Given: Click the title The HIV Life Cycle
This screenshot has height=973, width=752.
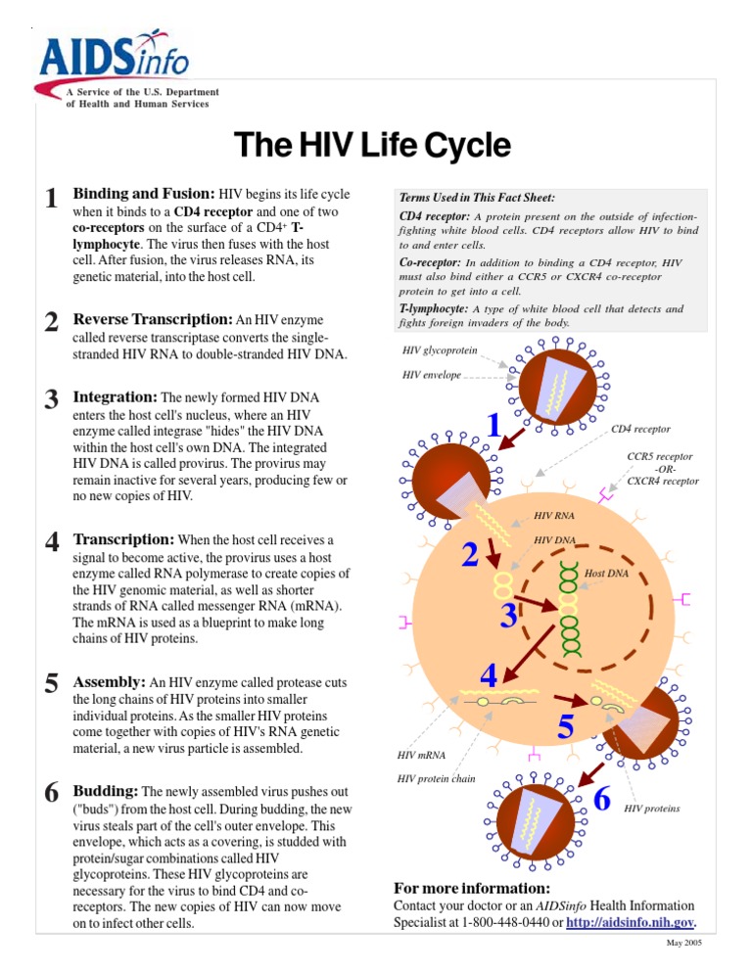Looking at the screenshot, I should coord(372,146).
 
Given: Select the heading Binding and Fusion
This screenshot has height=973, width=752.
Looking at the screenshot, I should coord(144,194).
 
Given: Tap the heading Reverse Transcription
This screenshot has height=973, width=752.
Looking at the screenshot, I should coord(153,319).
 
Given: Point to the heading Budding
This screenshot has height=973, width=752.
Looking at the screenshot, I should coord(107,790).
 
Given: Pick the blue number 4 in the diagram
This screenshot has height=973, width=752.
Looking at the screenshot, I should coord(489,674).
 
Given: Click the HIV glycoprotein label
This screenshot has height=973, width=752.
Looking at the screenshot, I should coord(440,349).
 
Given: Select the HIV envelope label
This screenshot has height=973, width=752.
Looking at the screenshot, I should coord(432,374).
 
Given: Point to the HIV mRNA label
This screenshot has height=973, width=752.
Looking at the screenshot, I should coord(421,755).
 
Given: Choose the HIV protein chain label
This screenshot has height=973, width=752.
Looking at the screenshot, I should coord(436,778).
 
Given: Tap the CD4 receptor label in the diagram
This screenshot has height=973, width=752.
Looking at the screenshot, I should coord(640,429).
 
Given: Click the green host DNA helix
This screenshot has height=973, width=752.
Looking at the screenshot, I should coord(567,607).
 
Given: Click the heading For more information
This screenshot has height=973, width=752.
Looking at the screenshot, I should coord(471,888).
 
